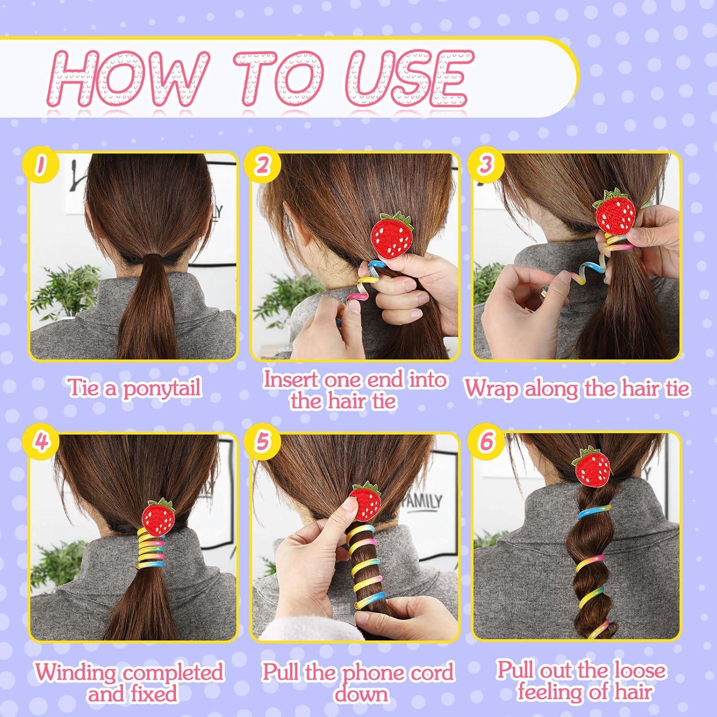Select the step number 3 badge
(x=485, y=165)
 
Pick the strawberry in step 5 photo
(x=365, y=502)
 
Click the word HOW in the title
(x=129, y=76)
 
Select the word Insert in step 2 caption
(x=292, y=380)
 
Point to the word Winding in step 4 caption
(x=76, y=673)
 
